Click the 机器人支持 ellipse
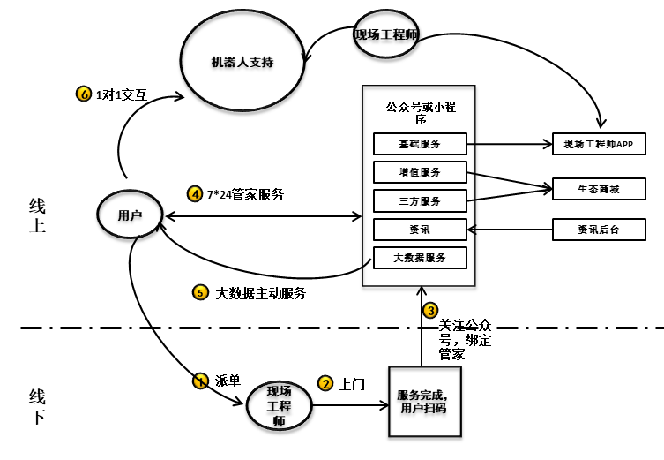[242, 62]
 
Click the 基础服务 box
[419, 143]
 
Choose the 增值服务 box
[419, 171]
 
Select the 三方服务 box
[419, 200]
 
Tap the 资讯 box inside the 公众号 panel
[419, 230]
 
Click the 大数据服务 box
[419, 258]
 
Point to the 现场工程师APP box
[599, 143]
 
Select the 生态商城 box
[599, 188]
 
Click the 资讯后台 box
[599, 230]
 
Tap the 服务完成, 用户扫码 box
[424, 401]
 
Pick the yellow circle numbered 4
[195, 193]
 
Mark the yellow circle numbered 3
[430, 310]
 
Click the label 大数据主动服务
[261, 292]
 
